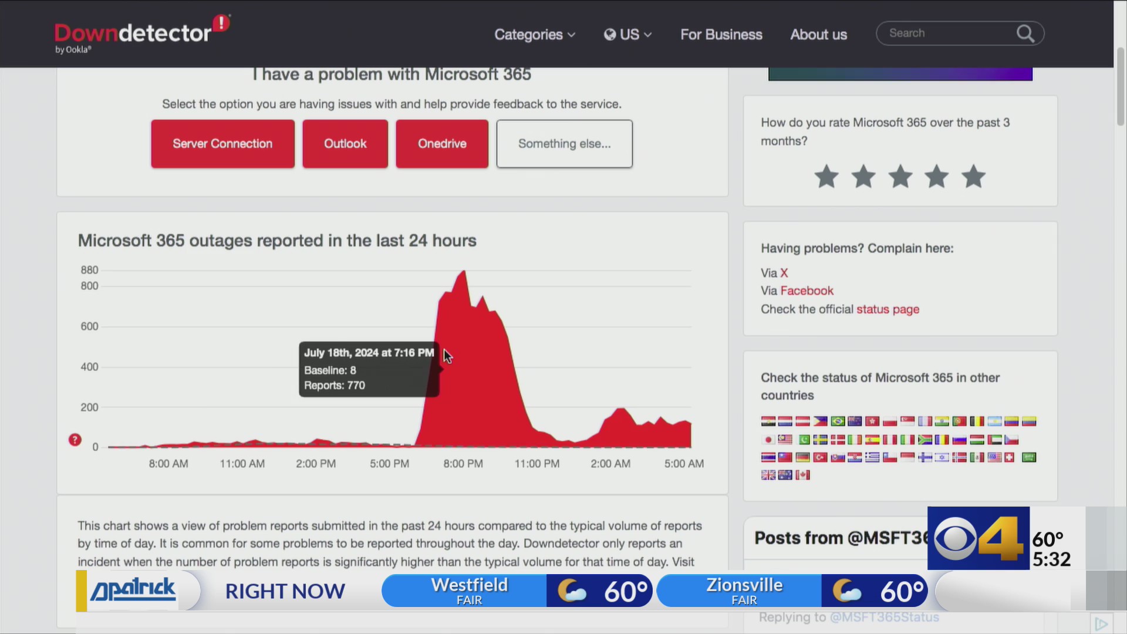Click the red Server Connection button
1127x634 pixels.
coord(222,144)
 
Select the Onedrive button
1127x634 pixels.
coord(441,144)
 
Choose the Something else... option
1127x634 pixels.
coord(564,144)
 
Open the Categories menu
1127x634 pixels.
coord(534,35)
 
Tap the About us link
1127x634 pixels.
coord(818,35)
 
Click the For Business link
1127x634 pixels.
coord(721,35)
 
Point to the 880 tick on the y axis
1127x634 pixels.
coord(89,270)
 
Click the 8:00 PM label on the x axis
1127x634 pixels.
coord(463,464)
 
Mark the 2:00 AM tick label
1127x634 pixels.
coord(610,464)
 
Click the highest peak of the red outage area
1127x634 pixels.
coord(464,272)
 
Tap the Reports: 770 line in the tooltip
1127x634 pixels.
coord(335,386)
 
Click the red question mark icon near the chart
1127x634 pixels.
coord(75,440)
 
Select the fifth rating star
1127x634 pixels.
coord(973,177)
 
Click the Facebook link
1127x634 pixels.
coord(807,291)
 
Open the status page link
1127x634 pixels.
coord(888,309)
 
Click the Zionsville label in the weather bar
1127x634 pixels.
coord(744,585)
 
